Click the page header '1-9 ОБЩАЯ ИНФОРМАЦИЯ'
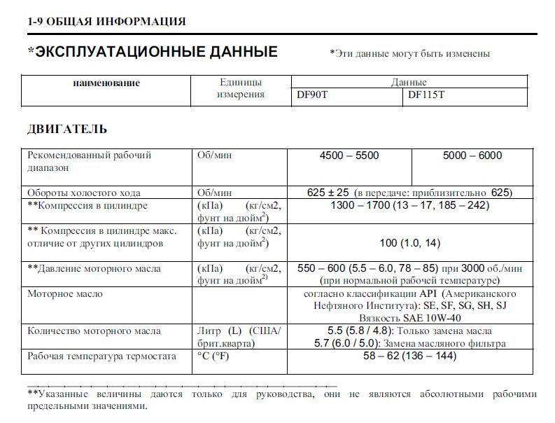106,21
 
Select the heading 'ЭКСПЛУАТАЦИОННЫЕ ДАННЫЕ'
156,52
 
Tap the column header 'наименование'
106,83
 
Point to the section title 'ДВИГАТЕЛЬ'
67,129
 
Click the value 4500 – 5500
349,155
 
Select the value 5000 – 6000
472,155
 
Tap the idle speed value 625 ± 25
328,193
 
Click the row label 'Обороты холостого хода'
84,193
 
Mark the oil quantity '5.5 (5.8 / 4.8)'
356,331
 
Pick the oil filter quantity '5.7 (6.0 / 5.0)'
355,343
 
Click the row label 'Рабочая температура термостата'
101,356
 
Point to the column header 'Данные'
409,83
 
